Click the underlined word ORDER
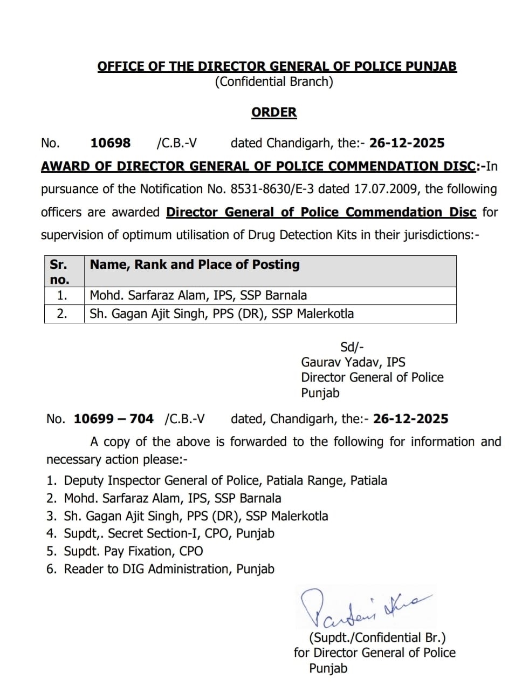[274, 112]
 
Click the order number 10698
[111, 143]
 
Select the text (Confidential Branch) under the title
[274, 82]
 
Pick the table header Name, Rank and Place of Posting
[195, 264]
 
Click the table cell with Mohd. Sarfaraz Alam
[198, 295]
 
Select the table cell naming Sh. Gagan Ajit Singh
[222, 314]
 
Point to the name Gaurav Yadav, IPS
[353, 362]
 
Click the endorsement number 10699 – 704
[113, 419]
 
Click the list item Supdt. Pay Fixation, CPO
[133, 551]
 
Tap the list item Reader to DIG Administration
[169, 569]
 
